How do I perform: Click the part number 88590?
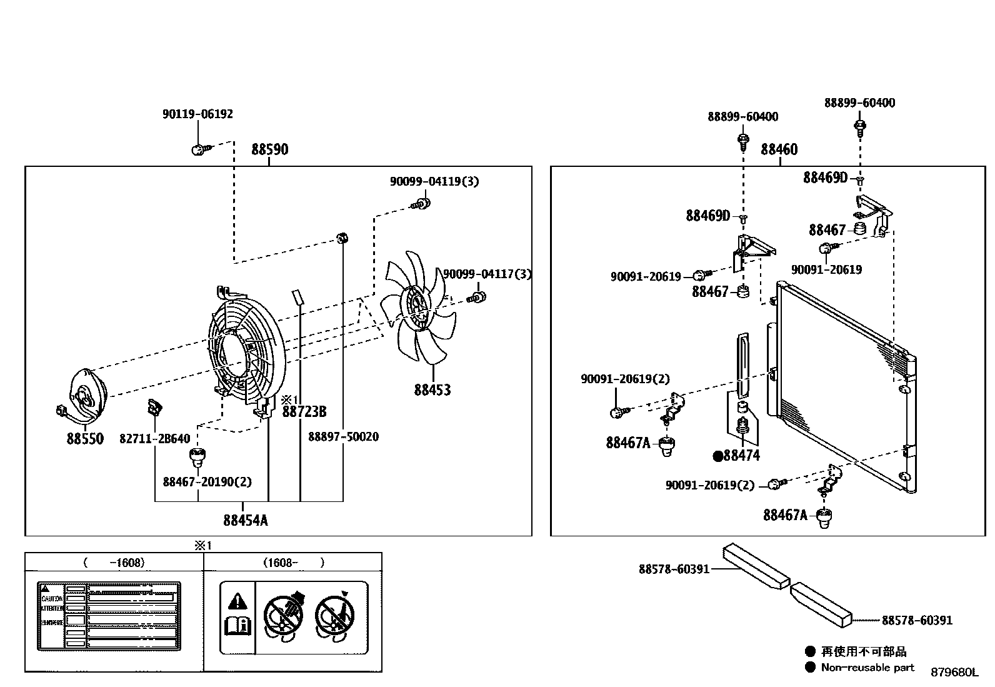pos(269,150)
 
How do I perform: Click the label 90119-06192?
pos(197,114)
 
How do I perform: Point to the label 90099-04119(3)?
pos(434,181)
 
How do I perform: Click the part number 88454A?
pos(246,520)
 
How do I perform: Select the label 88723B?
pos(304,412)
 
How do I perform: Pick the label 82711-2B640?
pos(154,439)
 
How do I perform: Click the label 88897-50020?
pos(343,437)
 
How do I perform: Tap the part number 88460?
pos(779,150)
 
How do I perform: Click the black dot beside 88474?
pos(717,456)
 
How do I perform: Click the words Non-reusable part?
pos(867,668)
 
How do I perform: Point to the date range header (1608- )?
pos(293,563)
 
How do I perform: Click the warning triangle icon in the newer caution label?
pos(237,601)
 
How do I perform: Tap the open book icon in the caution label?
pos(237,625)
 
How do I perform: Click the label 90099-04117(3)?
pos(487,274)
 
